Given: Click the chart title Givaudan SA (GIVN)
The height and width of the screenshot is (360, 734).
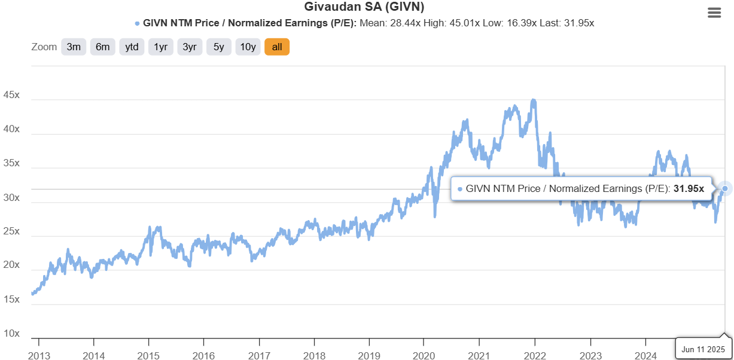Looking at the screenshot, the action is coord(364,7).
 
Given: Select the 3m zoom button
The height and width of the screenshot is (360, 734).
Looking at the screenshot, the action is coord(74,47).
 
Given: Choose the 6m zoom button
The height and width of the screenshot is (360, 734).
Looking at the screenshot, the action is coord(102,47).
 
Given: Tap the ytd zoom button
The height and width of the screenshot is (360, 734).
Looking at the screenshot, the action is coord(132,47).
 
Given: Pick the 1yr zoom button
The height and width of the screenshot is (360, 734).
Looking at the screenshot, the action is coord(160,47).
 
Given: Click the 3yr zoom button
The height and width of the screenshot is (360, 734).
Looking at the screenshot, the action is coord(190,47).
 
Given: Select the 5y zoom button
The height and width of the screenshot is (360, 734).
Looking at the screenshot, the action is coord(218,47).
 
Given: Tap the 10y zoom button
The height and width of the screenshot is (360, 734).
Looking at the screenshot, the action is coord(248,47).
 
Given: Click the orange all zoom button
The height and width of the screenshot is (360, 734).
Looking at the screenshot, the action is coord(277,47).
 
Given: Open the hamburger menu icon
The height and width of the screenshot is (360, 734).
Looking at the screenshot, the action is coord(714,13).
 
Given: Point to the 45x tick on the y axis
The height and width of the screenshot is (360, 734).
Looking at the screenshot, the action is coord(11,94).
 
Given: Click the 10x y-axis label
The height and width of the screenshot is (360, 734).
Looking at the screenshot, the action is coord(11,333).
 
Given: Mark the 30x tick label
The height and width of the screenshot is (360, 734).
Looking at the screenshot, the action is coord(11,197).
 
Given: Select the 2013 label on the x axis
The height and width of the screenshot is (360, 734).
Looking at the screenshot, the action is coord(39,355).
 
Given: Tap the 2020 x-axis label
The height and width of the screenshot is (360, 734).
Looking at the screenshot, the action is coord(424,355).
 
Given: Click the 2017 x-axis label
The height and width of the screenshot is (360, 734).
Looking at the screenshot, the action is coord(259,355).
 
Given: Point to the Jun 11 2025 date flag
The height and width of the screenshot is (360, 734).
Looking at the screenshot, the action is coord(703,349).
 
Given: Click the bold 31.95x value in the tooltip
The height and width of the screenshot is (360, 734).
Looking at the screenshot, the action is coord(689,189).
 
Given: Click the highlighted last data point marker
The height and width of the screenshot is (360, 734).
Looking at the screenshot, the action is coord(725,188).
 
